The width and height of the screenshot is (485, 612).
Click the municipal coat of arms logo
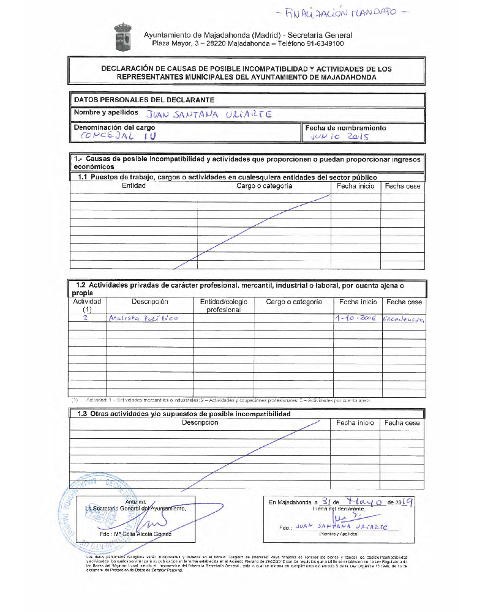coord(122,39)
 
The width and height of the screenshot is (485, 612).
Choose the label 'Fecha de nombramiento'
coord(345,128)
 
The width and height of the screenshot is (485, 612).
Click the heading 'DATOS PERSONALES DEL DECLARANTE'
coord(144,100)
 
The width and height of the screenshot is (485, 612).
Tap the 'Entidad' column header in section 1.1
coord(133,186)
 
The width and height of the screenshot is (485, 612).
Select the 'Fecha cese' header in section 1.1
coord(403,186)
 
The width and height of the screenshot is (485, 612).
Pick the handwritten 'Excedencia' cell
coord(403,319)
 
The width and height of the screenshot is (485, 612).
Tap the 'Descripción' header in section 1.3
coord(200,423)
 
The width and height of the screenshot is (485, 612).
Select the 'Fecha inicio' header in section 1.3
coord(355,423)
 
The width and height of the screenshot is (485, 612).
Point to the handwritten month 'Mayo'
coord(365,501)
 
